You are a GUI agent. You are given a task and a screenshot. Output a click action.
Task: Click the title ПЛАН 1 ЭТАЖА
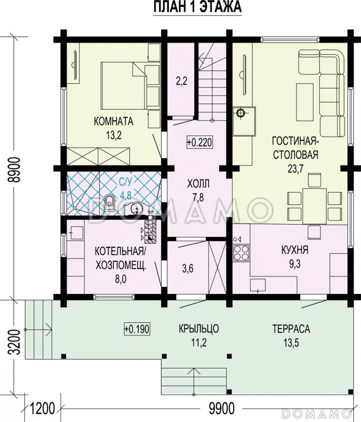coord(197,7)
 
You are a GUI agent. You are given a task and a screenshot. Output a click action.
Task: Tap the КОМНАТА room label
coord(113,121)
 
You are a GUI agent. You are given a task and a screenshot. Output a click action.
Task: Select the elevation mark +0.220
coord(199,142)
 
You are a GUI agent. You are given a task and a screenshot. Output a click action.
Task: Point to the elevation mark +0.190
coord(137,329)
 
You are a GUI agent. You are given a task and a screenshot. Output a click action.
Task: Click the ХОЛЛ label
coord(198,184)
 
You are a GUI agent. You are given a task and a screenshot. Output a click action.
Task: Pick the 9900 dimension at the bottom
coord(222,408)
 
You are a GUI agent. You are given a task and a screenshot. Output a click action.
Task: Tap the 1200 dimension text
coord(43,408)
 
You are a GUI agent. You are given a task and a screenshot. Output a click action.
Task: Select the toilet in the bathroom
coord(109,202)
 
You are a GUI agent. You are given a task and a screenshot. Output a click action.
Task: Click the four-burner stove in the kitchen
coord(241,253)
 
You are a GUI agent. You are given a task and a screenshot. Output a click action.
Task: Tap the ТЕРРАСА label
coord(291,329)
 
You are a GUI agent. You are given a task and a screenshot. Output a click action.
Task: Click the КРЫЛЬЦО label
coord(198,329)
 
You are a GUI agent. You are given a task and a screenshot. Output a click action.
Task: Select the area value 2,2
coord(182,81)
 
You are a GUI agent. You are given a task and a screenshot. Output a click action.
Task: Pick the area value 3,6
coord(188,268)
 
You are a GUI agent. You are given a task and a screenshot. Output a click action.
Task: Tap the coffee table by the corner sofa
coord(305,102)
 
